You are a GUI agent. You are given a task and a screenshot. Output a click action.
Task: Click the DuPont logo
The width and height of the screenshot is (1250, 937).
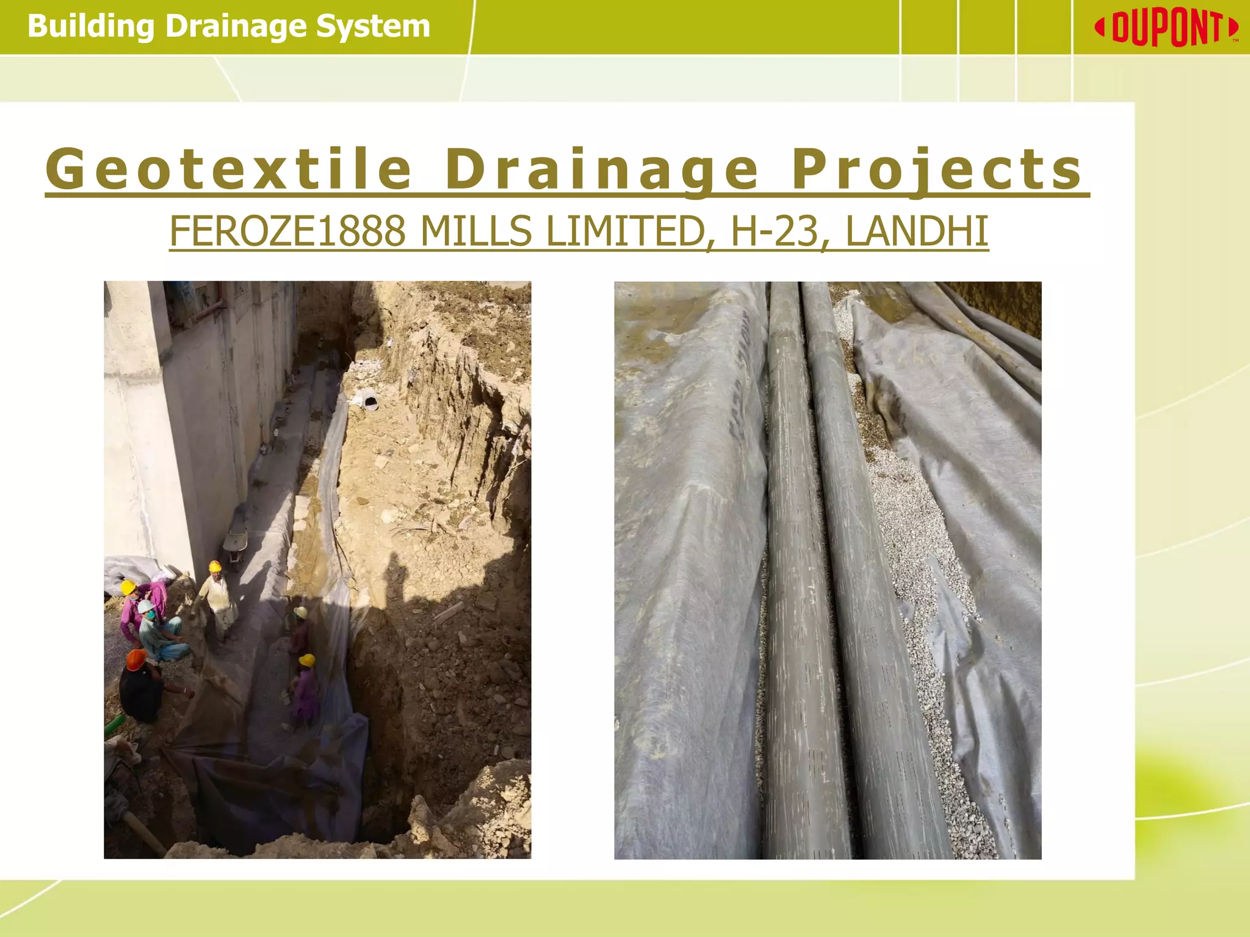point(1166,28)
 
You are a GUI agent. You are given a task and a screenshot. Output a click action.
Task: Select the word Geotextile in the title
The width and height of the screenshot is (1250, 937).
point(229,170)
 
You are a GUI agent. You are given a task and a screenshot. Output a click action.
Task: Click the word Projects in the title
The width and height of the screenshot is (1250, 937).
point(937,170)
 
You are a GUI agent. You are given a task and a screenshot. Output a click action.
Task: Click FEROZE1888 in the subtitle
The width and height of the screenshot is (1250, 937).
point(287,232)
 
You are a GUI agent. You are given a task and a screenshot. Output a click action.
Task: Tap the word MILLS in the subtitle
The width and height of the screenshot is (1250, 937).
point(476,232)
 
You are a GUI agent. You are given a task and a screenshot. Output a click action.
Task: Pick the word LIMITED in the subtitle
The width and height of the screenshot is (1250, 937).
point(625,232)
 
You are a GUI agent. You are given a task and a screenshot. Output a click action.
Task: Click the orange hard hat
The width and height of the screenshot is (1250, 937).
point(135,659)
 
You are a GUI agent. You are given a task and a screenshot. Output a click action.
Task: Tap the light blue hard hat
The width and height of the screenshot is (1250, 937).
point(146,606)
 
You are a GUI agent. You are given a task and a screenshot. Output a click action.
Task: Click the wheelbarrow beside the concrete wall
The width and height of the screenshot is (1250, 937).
point(235,543)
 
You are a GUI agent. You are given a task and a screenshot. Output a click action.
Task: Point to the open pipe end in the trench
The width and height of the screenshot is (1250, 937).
point(370,401)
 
